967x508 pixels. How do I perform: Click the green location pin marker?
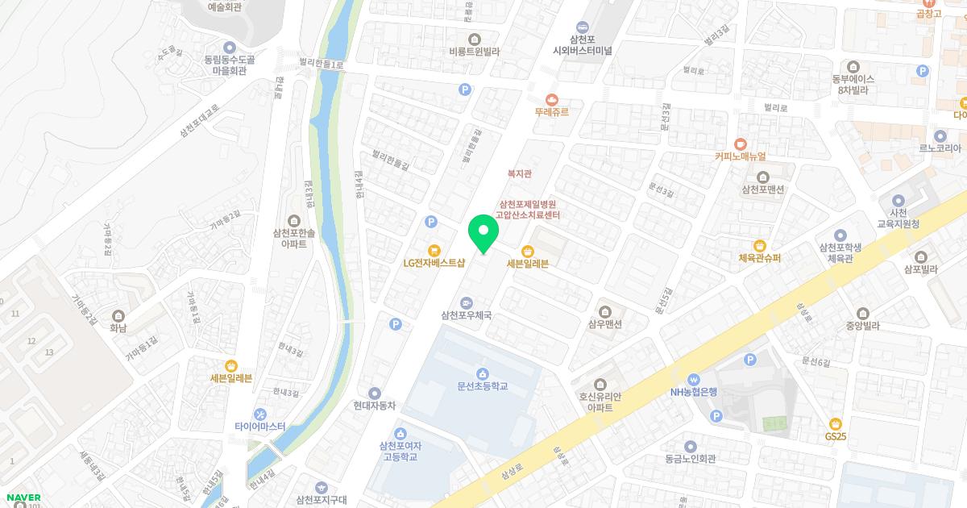tap(483, 233)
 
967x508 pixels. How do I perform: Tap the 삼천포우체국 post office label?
tap(466, 315)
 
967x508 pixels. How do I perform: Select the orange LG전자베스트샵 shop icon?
tap(434, 250)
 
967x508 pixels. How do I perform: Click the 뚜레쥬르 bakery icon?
tap(552, 98)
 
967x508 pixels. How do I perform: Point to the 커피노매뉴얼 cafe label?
tap(740, 156)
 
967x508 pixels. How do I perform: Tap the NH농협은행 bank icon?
tap(692, 379)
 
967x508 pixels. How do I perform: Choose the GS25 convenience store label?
tap(835, 436)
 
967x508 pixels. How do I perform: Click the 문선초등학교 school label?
tap(482, 386)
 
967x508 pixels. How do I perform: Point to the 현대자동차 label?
tap(375, 406)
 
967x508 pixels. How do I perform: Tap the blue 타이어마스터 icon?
tap(259, 414)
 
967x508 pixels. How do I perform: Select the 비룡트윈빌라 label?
tap(475, 51)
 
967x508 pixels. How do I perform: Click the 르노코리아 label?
tap(940, 148)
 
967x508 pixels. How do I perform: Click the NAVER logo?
tap(23, 497)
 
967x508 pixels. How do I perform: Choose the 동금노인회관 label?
tap(690, 458)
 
